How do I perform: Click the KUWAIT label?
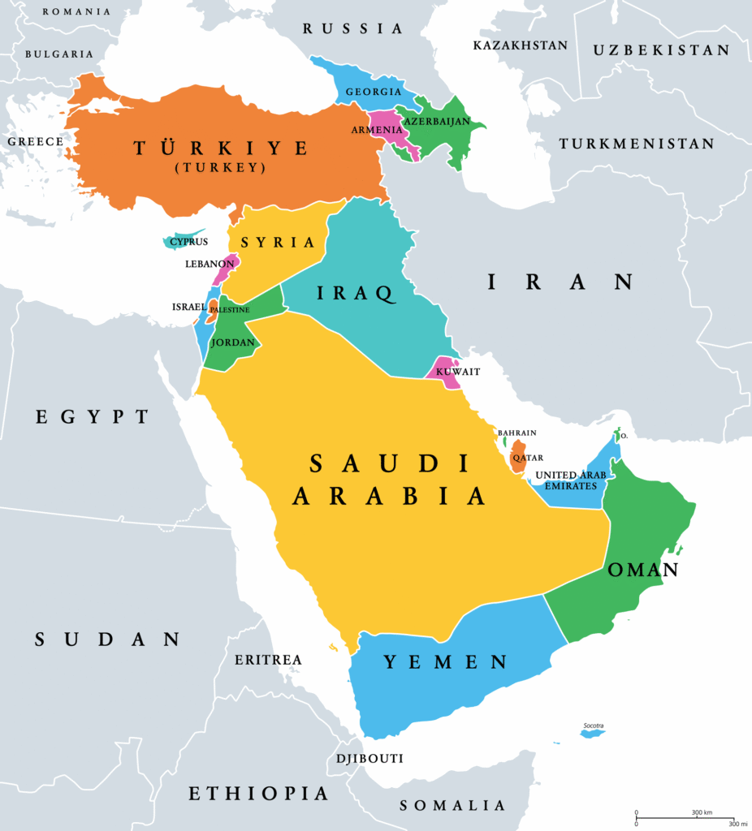[458, 372]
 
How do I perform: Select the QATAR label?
[528, 458]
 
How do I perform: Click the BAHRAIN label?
[516, 433]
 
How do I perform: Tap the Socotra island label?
[593, 726]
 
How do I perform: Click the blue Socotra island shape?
[592, 734]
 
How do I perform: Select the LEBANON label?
[209, 264]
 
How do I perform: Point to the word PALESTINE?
[230, 309]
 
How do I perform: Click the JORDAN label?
[233, 342]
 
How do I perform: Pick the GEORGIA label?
[374, 92]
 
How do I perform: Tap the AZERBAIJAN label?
[443, 121]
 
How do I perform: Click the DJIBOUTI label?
[370, 759]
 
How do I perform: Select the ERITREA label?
[268, 660]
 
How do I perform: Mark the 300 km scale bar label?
[702, 812]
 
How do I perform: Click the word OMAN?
[642, 571]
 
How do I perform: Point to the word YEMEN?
[445, 662]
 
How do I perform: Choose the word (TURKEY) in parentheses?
[222, 167]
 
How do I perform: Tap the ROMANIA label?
[76, 11]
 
